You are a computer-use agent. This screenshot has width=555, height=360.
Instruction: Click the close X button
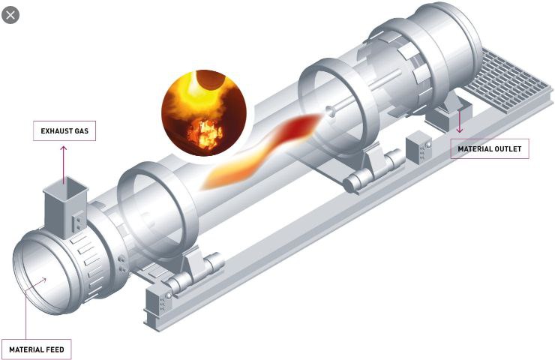pos(10,15)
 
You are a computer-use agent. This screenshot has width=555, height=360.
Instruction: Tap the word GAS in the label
pos(82,131)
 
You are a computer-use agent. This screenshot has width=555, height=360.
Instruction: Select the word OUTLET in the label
pos(508,149)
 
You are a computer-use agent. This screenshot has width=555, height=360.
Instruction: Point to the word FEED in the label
pos(55,349)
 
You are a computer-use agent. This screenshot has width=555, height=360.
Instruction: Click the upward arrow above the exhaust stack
pos(64,164)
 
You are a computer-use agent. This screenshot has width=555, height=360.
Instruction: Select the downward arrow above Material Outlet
pos(460,121)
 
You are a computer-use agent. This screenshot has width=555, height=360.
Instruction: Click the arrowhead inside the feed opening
pos(43,281)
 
